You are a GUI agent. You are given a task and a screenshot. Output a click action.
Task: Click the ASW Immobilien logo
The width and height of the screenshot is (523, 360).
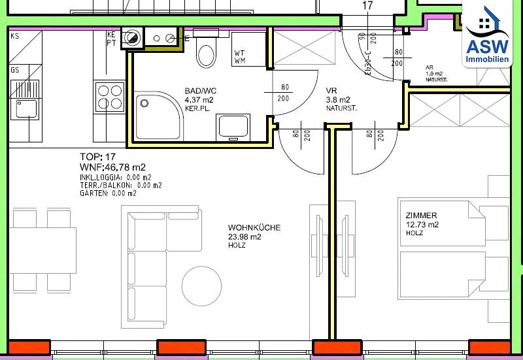[487, 34]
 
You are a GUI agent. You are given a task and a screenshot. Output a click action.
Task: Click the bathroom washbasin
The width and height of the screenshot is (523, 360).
[233, 127]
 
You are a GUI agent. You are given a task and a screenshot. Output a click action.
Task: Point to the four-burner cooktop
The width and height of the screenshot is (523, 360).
[110, 97]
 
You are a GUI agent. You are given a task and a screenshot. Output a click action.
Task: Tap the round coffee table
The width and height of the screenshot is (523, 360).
[201, 286]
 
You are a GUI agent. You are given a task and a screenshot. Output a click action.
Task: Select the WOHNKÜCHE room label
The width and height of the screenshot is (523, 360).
[254, 227]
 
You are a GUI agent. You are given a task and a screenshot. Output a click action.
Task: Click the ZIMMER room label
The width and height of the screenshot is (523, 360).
[421, 216]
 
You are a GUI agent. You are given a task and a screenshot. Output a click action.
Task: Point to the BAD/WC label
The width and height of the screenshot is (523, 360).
[201, 91]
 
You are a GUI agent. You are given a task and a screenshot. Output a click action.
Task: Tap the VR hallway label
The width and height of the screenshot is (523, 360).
[331, 91]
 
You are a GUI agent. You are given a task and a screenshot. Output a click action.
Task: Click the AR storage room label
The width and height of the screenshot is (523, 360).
[430, 67]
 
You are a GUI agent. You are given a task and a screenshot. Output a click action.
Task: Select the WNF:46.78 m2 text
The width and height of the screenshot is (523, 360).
[112, 167]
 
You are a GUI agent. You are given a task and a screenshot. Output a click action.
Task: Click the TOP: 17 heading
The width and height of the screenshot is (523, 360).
[97, 157]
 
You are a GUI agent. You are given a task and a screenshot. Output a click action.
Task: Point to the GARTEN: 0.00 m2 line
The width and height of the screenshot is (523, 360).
[108, 193]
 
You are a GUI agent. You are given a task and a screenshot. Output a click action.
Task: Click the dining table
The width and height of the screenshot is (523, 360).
[42, 250]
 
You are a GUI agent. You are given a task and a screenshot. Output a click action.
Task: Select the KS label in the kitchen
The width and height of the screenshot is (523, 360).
[15, 36]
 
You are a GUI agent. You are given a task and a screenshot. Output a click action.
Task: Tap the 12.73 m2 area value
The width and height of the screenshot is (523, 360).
[422, 224]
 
